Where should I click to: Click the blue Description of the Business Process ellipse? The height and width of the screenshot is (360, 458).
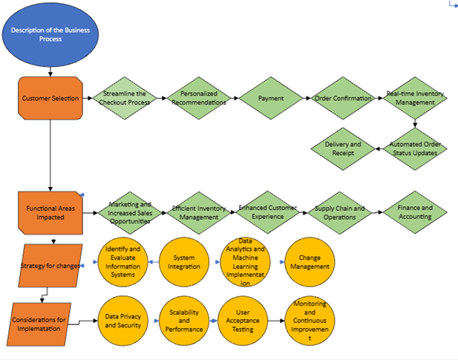[50, 34]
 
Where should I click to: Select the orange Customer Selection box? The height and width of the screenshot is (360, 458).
[50, 98]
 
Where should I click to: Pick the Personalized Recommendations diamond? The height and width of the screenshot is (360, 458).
[198, 98]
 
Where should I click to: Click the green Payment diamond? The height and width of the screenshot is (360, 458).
[271, 98]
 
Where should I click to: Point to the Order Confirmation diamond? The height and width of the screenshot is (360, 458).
[342, 98]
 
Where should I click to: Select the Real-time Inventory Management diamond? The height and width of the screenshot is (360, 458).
[414, 98]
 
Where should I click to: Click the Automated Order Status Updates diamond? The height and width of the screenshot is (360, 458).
[418, 148]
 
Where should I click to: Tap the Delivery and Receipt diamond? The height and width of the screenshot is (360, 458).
[344, 148]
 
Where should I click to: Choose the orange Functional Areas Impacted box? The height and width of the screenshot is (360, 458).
[50, 213]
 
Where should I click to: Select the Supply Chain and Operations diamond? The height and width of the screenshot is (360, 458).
[339, 213]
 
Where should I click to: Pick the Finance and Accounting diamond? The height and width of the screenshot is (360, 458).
[413, 213]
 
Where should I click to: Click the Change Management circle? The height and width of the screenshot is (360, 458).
[310, 262]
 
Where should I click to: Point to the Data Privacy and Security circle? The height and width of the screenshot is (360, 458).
[123, 321]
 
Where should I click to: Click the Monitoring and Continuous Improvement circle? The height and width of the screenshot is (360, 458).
[311, 321]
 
